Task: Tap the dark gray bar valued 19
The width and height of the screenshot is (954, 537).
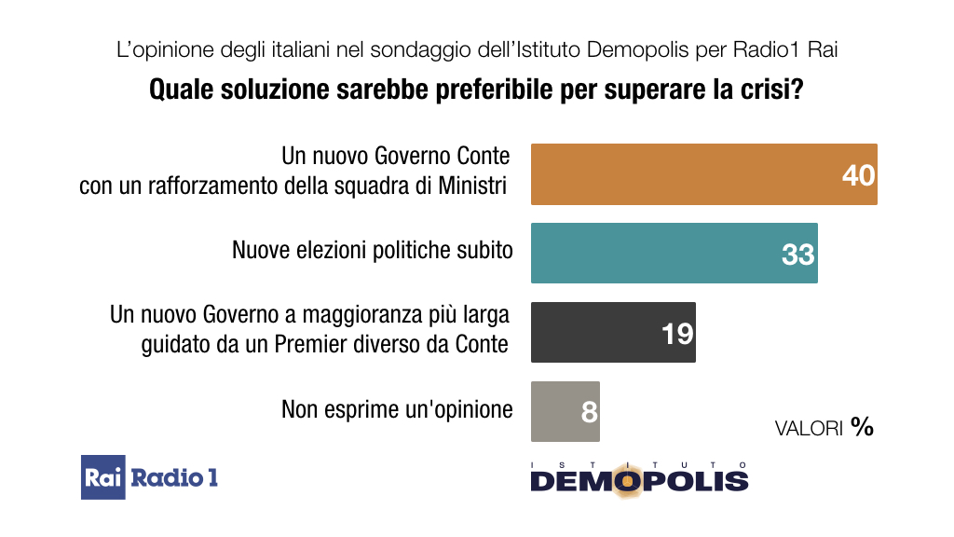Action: coord(596,332)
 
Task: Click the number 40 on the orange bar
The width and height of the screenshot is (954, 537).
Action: coord(858,174)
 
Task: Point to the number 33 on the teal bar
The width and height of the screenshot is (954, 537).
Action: coord(797,254)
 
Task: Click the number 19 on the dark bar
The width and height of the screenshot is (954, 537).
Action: coord(677,333)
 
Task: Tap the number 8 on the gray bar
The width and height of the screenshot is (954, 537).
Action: coord(589,412)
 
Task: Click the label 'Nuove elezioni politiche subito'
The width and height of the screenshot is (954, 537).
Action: coord(372,250)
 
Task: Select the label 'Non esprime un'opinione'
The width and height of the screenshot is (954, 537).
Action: coord(397,409)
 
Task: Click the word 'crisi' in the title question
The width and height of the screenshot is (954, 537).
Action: coord(774,91)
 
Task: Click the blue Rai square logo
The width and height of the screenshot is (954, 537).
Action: coord(102,477)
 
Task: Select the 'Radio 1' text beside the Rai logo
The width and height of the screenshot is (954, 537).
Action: coord(174,477)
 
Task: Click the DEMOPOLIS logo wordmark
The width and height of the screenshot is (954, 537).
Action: coord(639,480)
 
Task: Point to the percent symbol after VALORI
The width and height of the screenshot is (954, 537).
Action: coord(862,427)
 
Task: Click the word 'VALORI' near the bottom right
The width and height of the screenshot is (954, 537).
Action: coord(809,429)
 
